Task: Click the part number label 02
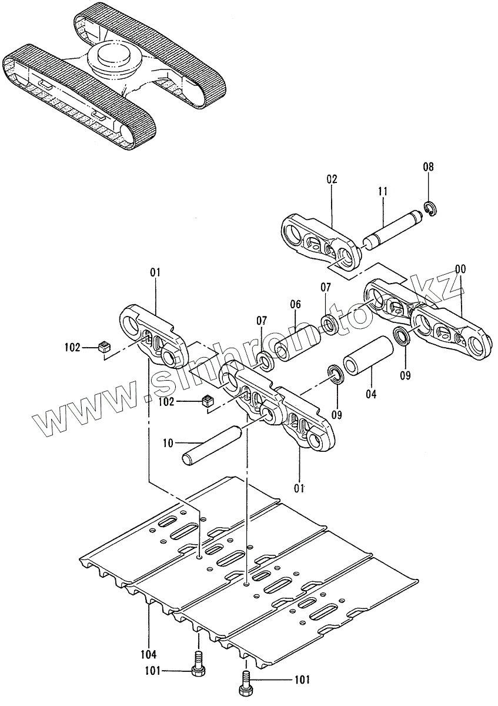pos(332,179)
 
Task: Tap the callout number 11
pos(383,191)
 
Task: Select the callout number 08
pos(429,167)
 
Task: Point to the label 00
pos(460,269)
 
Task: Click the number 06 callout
pos(295,304)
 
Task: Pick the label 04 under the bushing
pos(370,394)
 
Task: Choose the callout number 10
pos(168,443)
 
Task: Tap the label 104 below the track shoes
pos(149,653)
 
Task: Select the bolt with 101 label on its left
pos(198,667)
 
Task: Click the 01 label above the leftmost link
pos(155,272)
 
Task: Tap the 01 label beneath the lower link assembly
pos(299,488)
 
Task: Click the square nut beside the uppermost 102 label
pos(105,347)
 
